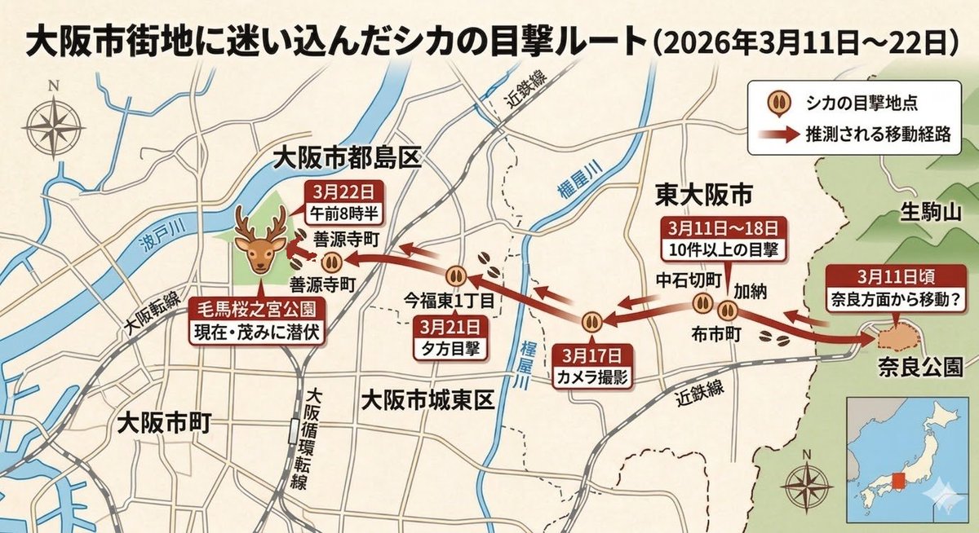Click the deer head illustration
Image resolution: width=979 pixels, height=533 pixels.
coord(259,241)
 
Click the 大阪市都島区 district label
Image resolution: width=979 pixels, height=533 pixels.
coord(348,156)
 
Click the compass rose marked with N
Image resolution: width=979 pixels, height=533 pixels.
coord(53,122)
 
